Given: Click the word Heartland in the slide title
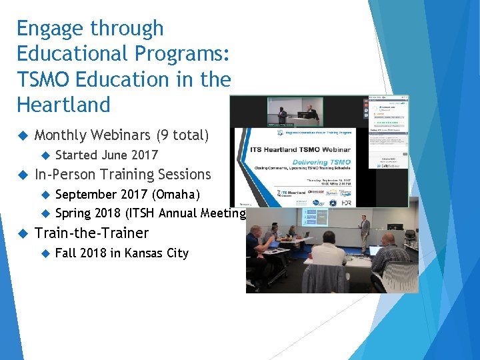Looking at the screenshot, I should click(63, 105).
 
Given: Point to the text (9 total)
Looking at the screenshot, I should click(182, 135).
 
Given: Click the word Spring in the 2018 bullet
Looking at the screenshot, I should click(74, 213).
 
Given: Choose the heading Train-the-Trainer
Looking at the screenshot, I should click(91, 233).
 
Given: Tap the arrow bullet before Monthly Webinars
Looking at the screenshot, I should click(22, 135).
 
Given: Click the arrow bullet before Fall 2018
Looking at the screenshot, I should click(45, 253).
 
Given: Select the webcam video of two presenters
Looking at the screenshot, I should click(295, 111).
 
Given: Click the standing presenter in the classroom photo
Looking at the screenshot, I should click(365, 233).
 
